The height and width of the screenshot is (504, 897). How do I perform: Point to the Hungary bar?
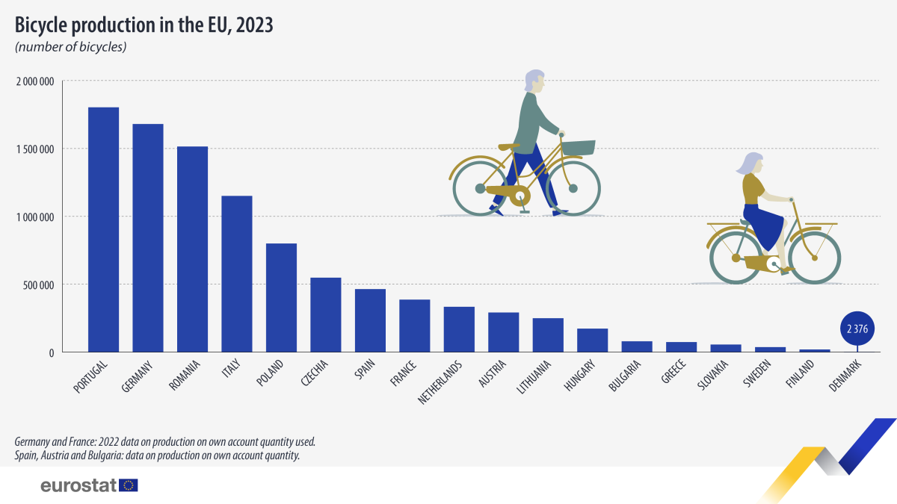(592, 340)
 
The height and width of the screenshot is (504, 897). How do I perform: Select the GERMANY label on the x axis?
(138, 376)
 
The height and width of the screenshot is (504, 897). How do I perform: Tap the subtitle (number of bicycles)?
(70, 47)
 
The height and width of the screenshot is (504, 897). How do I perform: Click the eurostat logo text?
(78, 485)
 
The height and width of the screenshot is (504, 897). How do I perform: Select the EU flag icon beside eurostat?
(129, 485)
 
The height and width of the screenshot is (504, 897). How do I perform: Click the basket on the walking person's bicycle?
(579, 147)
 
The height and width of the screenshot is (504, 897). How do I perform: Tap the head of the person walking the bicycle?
(534, 81)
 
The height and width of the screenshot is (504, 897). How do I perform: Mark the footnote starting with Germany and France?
(164, 441)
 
